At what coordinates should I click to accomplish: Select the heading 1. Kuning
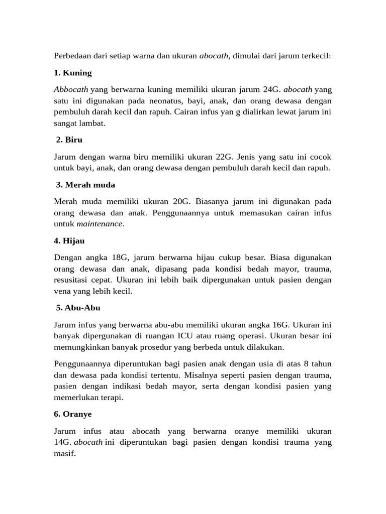(x=72, y=73)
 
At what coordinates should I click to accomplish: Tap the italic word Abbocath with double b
(x=71, y=90)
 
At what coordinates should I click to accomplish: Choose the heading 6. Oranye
(x=74, y=414)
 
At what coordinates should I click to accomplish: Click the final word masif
(x=64, y=453)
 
